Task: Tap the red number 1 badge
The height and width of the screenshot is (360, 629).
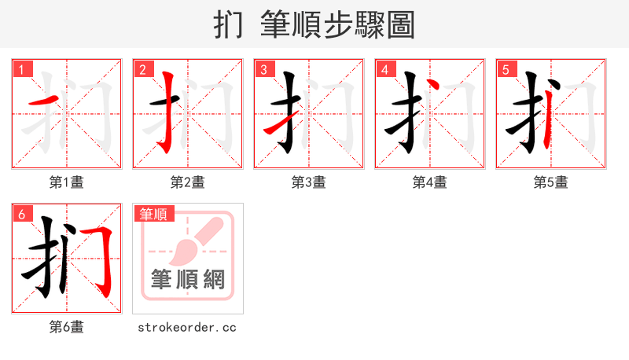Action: (x=21, y=69)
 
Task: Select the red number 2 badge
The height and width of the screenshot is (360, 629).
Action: (x=142, y=69)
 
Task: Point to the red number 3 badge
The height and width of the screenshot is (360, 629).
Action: (x=263, y=69)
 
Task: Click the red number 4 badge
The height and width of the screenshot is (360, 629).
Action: (x=384, y=69)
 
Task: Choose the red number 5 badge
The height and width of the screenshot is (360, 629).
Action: (x=506, y=69)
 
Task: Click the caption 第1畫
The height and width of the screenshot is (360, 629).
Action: (x=67, y=182)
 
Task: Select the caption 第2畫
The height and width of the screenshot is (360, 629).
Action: (x=188, y=182)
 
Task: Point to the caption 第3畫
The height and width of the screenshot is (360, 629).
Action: (x=309, y=182)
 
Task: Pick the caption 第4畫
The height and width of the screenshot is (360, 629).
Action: (x=430, y=182)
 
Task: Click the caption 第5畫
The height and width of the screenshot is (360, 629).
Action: (x=551, y=182)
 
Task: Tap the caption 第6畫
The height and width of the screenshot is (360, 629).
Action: (x=67, y=327)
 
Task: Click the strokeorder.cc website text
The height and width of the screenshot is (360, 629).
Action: (x=187, y=327)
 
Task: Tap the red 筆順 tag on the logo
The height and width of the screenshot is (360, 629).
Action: (x=154, y=214)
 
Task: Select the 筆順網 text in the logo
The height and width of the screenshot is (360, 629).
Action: (x=188, y=279)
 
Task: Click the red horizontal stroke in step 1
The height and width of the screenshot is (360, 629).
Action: (x=42, y=102)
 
